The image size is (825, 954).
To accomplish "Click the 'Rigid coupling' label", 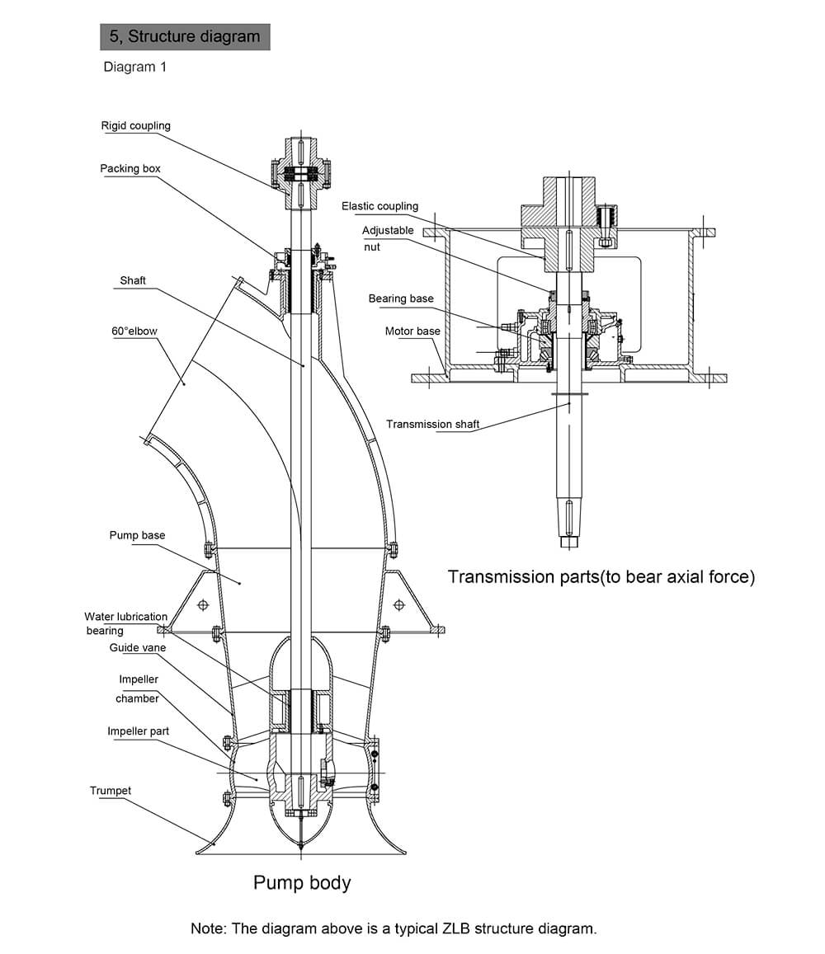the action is (x=136, y=126).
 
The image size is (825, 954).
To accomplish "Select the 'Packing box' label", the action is (x=130, y=168).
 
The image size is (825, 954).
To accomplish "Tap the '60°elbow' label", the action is (x=134, y=331).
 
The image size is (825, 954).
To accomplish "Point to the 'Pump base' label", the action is (x=137, y=535).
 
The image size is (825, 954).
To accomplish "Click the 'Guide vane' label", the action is (x=138, y=648).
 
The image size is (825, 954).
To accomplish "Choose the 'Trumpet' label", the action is (x=111, y=791).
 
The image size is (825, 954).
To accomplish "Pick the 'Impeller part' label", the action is (x=139, y=731).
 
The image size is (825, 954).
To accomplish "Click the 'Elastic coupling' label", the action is (x=380, y=206).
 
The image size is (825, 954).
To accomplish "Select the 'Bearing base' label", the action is (x=401, y=298).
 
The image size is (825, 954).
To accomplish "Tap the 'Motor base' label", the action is (x=412, y=331).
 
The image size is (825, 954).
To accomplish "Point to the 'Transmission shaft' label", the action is (x=433, y=424).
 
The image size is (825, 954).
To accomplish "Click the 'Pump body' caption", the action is (x=302, y=883).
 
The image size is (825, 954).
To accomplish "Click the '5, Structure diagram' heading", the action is (x=185, y=36).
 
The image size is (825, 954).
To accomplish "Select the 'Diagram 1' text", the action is (x=134, y=67).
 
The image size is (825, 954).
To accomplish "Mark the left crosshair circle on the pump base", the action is (x=203, y=604).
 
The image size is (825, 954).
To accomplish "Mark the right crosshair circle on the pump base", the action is (x=399, y=604).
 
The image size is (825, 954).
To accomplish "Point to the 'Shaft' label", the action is (x=133, y=280).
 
